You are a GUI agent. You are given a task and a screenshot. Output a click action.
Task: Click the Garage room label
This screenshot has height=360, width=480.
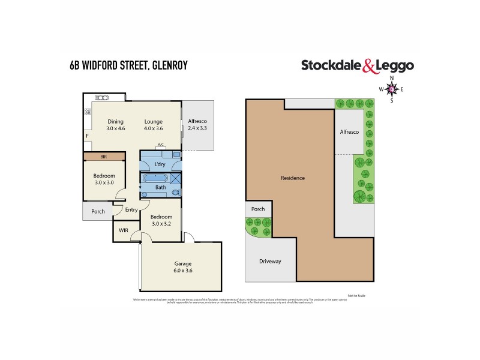point(182,263)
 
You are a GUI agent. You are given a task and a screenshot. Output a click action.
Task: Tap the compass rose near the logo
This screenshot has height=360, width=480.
point(392,89)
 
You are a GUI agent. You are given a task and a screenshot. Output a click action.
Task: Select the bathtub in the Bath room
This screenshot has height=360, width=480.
point(157,178)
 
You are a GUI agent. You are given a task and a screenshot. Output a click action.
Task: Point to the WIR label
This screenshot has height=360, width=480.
point(124,230)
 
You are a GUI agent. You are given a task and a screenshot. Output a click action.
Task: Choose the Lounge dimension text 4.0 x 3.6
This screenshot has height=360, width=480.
point(153,129)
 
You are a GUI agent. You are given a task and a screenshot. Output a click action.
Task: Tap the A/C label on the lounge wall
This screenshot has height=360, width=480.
point(160,145)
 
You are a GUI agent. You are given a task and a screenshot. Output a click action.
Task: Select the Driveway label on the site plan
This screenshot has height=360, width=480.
point(270,262)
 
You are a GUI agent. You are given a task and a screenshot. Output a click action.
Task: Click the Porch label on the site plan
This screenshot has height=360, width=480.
point(258,209)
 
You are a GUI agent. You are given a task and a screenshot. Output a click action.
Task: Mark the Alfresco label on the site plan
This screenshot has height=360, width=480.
point(349,131)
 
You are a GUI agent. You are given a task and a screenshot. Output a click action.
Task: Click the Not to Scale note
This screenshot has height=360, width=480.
point(356,295)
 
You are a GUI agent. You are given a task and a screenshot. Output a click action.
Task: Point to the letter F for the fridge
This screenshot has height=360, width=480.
point(88,136)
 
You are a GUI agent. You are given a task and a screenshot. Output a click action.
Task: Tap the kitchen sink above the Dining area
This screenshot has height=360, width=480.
point(102,97)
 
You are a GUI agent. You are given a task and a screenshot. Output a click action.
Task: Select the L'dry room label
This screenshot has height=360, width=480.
point(160,164)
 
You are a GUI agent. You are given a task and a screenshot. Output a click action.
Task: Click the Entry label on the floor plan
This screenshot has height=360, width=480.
point(131,209)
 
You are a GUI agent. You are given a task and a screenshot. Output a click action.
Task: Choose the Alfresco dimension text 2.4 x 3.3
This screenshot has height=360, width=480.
point(198,128)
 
